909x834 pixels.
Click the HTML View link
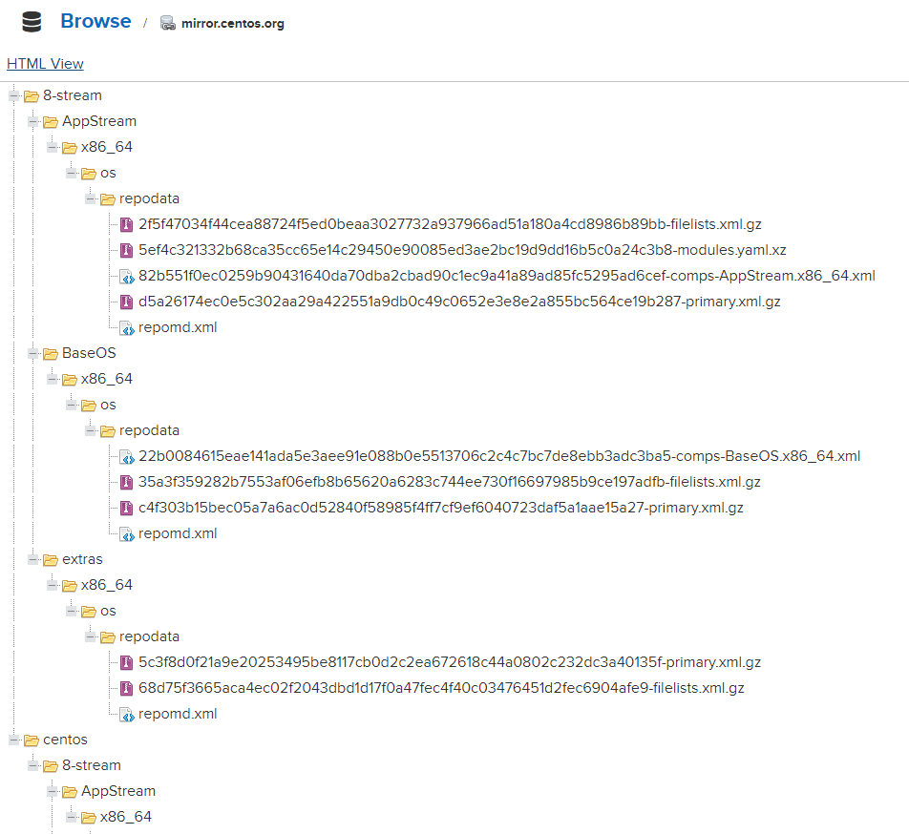pyautogui.click(x=45, y=64)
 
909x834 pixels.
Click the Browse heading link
pyautogui.click(x=95, y=21)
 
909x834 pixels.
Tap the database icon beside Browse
pyautogui.click(x=32, y=22)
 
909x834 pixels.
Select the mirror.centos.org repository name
pyautogui.click(x=232, y=24)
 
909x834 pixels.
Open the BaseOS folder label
pyautogui.click(x=89, y=353)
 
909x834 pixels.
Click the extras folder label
pyautogui.click(x=82, y=559)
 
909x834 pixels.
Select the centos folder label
pyautogui.click(x=65, y=740)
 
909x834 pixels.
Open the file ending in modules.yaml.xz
pyautogui.click(x=462, y=250)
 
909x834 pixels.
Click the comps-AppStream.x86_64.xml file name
pyautogui.click(x=507, y=276)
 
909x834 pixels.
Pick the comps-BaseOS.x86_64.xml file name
pyautogui.click(x=499, y=456)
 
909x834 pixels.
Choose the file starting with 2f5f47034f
pyautogui.click(x=450, y=224)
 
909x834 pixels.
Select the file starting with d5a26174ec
pyautogui.click(x=459, y=302)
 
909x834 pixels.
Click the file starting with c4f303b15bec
pyautogui.click(x=440, y=508)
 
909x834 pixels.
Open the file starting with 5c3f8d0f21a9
pyautogui.click(x=450, y=662)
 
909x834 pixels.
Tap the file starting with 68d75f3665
pyautogui.click(x=441, y=688)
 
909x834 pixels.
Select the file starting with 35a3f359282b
pyautogui.click(x=450, y=482)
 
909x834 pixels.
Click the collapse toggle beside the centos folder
pyautogui.click(x=14, y=740)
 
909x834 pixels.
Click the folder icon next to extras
pyautogui.click(x=51, y=559)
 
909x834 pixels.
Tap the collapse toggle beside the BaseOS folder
pyautogui.click(x=33, y=353)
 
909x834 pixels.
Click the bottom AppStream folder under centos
pyautogui.click(x=118, y=791)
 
